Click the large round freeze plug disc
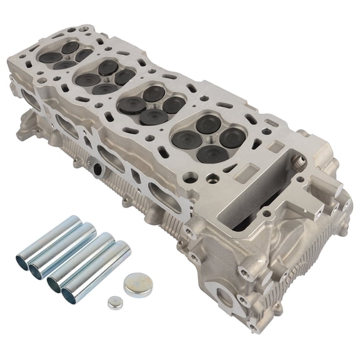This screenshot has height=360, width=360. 137,285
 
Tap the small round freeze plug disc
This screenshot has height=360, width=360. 113,302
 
